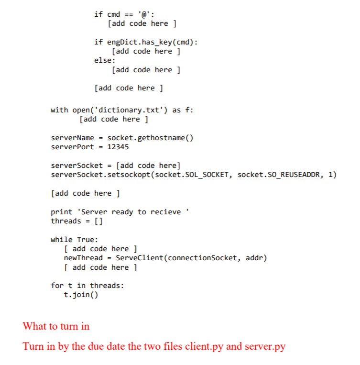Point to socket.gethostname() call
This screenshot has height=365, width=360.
[150, 138]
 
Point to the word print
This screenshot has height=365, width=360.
[62, 212]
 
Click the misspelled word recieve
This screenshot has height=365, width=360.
[165, 212]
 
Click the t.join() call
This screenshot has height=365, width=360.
[81, 295]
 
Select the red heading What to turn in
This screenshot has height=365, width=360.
[56, 326]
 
